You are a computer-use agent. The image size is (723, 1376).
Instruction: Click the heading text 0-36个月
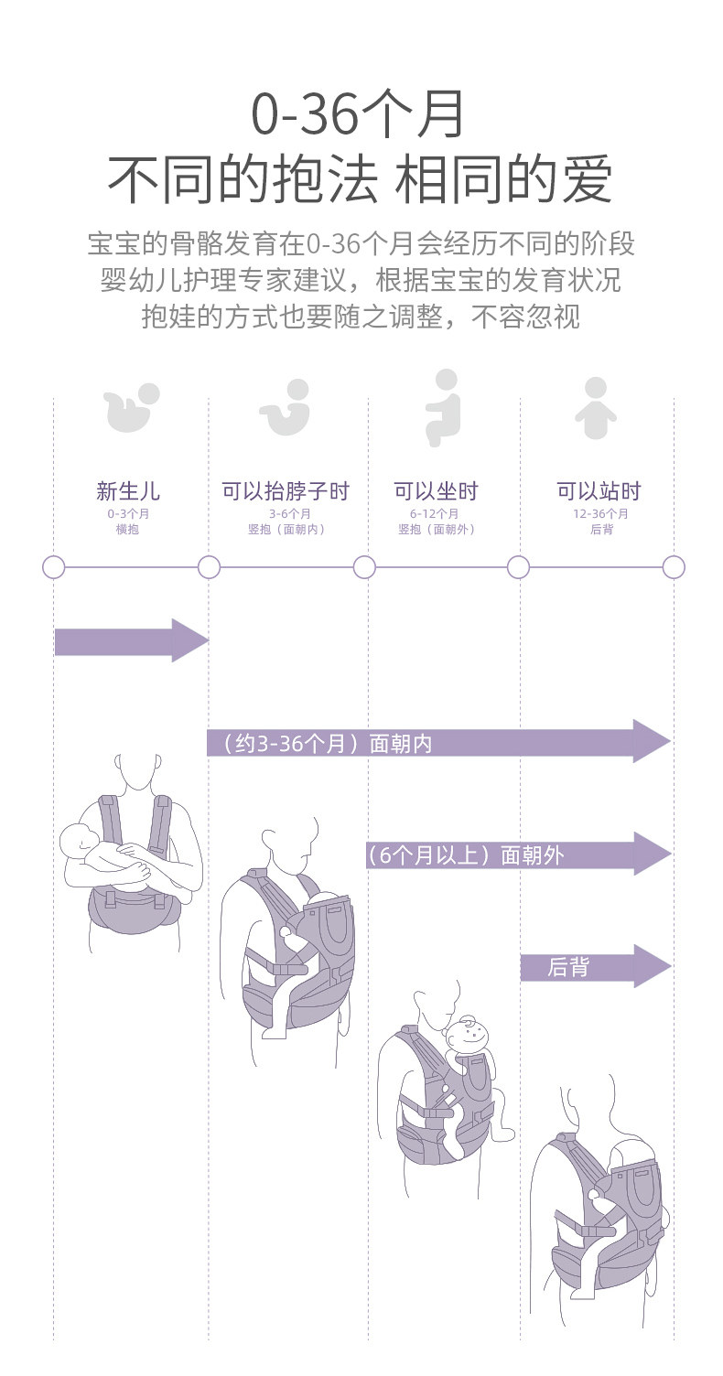[360, 115]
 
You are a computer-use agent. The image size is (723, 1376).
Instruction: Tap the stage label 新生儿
[128, 491]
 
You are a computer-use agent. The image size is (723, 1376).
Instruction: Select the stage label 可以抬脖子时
[285, 491]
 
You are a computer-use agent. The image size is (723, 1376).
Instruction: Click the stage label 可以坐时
[436, 491]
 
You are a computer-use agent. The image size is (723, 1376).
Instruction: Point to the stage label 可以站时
[599, 491]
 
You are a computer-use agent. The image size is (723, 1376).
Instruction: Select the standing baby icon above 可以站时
[596, 409]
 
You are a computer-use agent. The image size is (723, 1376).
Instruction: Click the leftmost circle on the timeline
[54, 567]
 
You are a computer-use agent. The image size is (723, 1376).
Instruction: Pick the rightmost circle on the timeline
[674, 567]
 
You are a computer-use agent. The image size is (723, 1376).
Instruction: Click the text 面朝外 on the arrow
[530, 856]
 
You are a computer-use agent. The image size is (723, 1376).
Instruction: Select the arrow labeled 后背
[595, 966]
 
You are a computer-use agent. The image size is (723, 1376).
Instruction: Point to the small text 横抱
[128, 530]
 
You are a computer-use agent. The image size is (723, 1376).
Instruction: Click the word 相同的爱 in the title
[503, 179]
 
